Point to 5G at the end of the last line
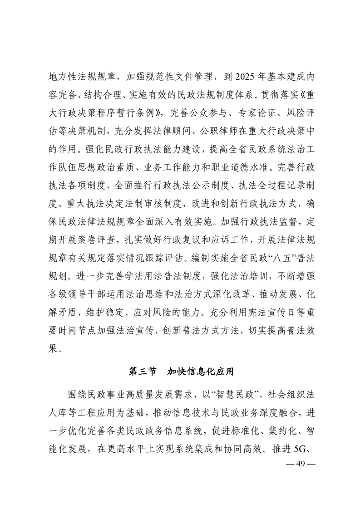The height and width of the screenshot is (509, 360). pos(301,450)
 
